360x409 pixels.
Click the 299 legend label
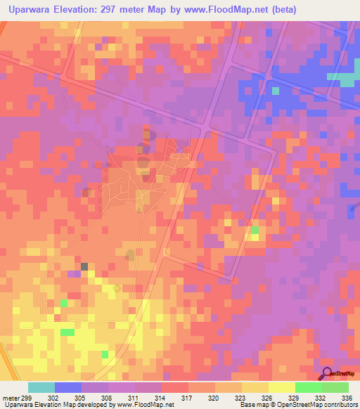[22, 397]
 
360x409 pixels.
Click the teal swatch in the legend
[41, 387]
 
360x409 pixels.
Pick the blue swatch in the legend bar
[68, 387]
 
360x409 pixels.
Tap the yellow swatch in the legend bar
[282, 387]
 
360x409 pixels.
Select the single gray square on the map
[84, 266]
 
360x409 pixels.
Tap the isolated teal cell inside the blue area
[276, 91]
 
